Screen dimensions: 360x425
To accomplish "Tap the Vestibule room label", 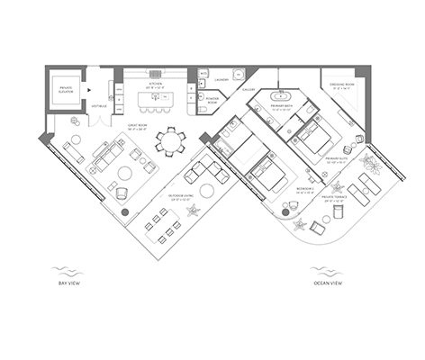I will pos(98,106).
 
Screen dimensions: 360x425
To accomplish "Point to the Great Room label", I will pos(139,126).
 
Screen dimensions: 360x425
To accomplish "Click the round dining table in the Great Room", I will pos(170,141).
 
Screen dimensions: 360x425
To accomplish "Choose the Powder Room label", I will pos(212,102).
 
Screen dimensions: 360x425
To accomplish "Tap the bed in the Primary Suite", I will pos(315,138).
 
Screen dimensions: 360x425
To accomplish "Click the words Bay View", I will pos(65,282).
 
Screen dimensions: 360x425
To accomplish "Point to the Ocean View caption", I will pos(322,282).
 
